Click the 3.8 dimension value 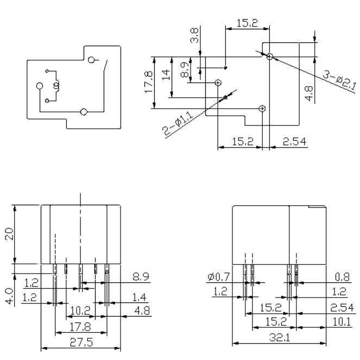(194, 35)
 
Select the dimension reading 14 (166, 74)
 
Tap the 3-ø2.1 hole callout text (340, 80)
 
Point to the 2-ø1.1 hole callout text (178, 123)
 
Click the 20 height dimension (9, 234)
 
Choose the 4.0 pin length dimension (10, 296)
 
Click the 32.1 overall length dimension (280, 337)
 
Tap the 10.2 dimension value (80, 311)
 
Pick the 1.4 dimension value (140, 298)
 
